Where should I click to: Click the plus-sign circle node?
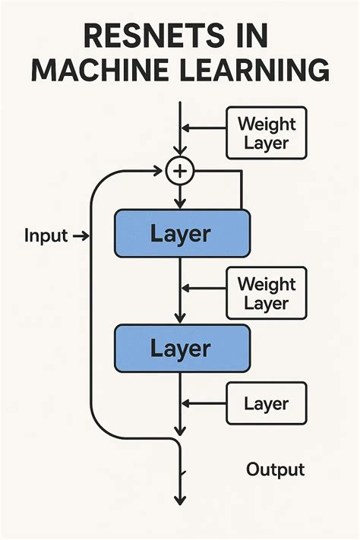(x=180, y=172)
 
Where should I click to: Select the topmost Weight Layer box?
(x=266, y=132)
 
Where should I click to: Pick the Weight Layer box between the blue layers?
(x=266, y=293)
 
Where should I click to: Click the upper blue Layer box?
(x=181, y=233)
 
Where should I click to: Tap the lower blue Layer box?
(x=181, y=349)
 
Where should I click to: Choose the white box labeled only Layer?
(x=266, y=403)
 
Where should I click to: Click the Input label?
(x=46, y=235)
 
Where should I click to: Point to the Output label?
(x=275, y=469)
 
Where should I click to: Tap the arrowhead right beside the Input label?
(x=84, y=236)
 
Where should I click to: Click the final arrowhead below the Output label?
(x=180, y=500)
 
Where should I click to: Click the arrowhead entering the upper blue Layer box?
(x=180, y=204)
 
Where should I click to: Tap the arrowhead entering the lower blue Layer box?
(x=180, y=319)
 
